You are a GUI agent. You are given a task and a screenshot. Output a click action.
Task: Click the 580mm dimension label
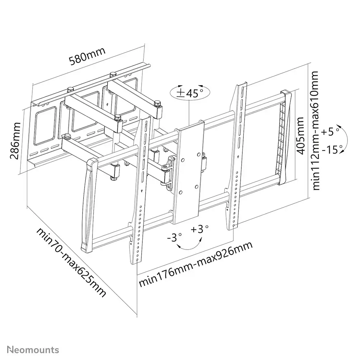pos(87,56)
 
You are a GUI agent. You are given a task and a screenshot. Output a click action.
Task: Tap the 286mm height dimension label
pos(15,141)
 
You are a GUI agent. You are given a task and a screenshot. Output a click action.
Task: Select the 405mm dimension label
pos(300,136)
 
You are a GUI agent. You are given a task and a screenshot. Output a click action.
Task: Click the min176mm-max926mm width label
pos(196,264)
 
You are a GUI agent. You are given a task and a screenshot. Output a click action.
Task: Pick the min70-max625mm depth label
pos(71,262)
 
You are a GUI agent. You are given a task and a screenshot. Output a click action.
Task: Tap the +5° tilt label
pos(330,132)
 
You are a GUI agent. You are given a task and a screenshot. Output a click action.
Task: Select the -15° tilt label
pos(332,150)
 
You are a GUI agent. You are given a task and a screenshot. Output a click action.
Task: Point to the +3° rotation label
pos(199,229)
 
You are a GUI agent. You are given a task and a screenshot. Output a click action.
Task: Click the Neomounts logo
pos(33,350)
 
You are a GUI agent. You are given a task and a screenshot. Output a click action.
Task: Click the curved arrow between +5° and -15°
pos(347,139)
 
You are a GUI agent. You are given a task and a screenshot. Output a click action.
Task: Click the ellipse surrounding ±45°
pos(190,93)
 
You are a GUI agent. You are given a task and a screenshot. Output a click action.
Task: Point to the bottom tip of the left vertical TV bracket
pos(137,264)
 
